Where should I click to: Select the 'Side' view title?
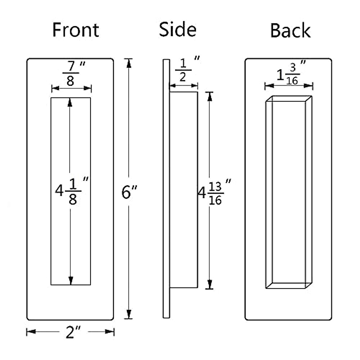pyautogui.click(x=178, y=29)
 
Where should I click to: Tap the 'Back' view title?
pyautogui.click(x=290, y=30)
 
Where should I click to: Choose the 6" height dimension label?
pyautogui.click(x=129, y=192)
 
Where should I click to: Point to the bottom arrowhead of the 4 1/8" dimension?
pyautogui.click(x=71, y=281)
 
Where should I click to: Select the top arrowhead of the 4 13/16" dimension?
pyautogui.click(x=210, y=96)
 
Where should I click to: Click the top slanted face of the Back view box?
pyautogui.click(x=289, y=99)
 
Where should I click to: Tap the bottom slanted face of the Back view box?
pyautogui.click(x=289, y=285)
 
